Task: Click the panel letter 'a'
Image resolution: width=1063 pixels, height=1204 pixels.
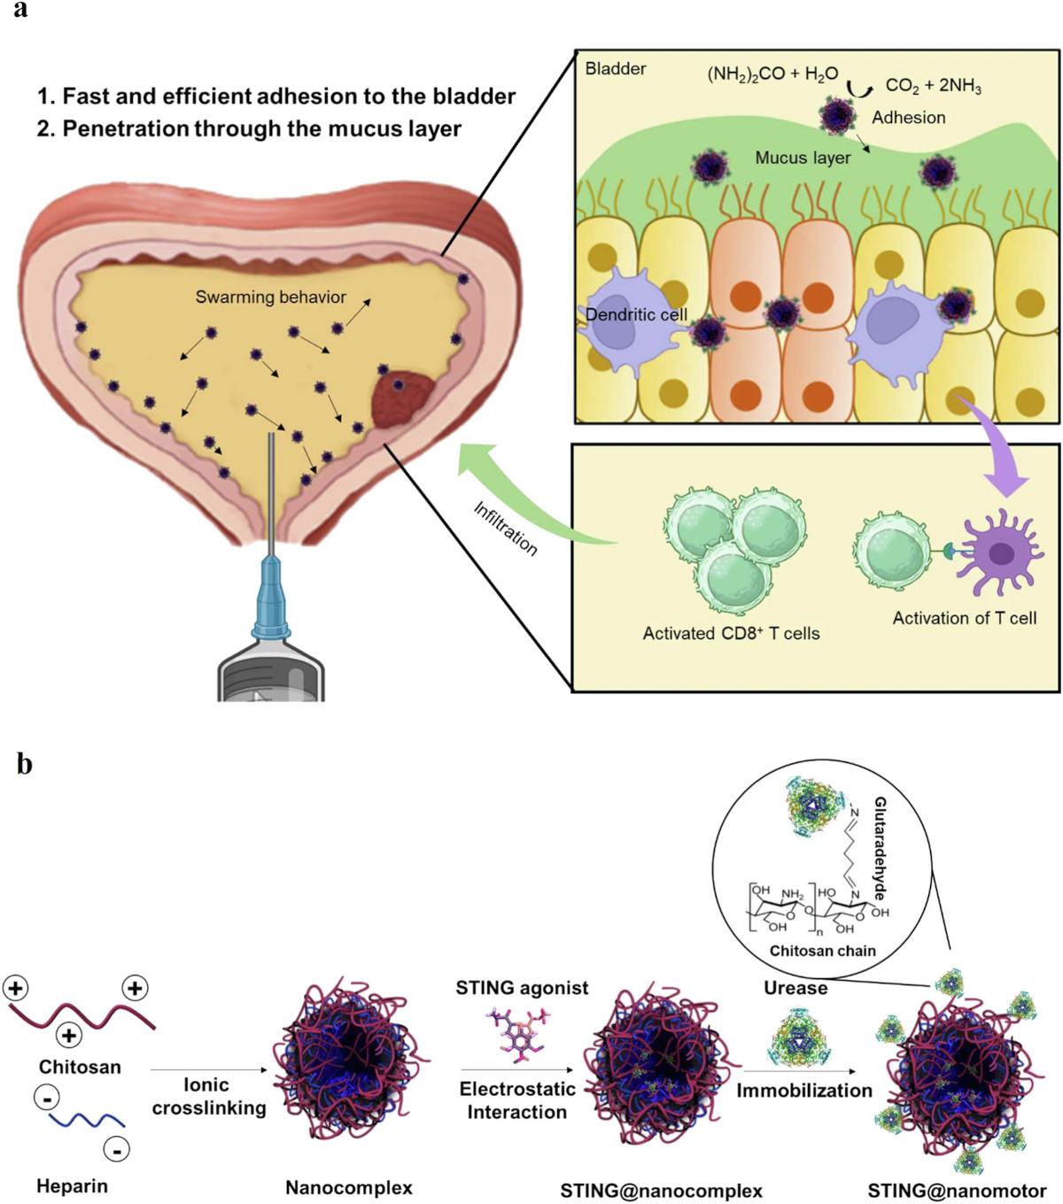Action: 19,11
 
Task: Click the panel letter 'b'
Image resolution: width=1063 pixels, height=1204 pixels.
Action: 24,763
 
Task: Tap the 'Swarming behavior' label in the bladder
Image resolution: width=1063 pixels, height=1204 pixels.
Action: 270,297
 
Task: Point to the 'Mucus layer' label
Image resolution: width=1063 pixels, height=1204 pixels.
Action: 803,158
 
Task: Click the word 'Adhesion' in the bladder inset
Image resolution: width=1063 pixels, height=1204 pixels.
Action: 908,118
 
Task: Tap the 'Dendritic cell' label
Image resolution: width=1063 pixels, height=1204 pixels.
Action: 636,314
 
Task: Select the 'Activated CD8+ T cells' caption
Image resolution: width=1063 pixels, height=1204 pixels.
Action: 731,633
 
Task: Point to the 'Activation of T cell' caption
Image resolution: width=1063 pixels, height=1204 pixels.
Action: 964,618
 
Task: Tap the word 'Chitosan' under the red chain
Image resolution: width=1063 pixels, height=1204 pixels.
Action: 80,1067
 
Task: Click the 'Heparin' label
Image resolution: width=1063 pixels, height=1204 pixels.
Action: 72,1186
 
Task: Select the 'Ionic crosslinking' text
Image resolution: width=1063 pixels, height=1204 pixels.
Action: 208,1096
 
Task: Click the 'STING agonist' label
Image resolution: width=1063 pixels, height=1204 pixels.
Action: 522,988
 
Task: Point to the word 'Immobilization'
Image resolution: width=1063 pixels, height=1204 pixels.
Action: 804,1091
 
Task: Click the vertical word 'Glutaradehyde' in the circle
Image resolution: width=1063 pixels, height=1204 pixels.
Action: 881,848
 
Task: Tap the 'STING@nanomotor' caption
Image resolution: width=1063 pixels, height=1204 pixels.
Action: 957,1191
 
